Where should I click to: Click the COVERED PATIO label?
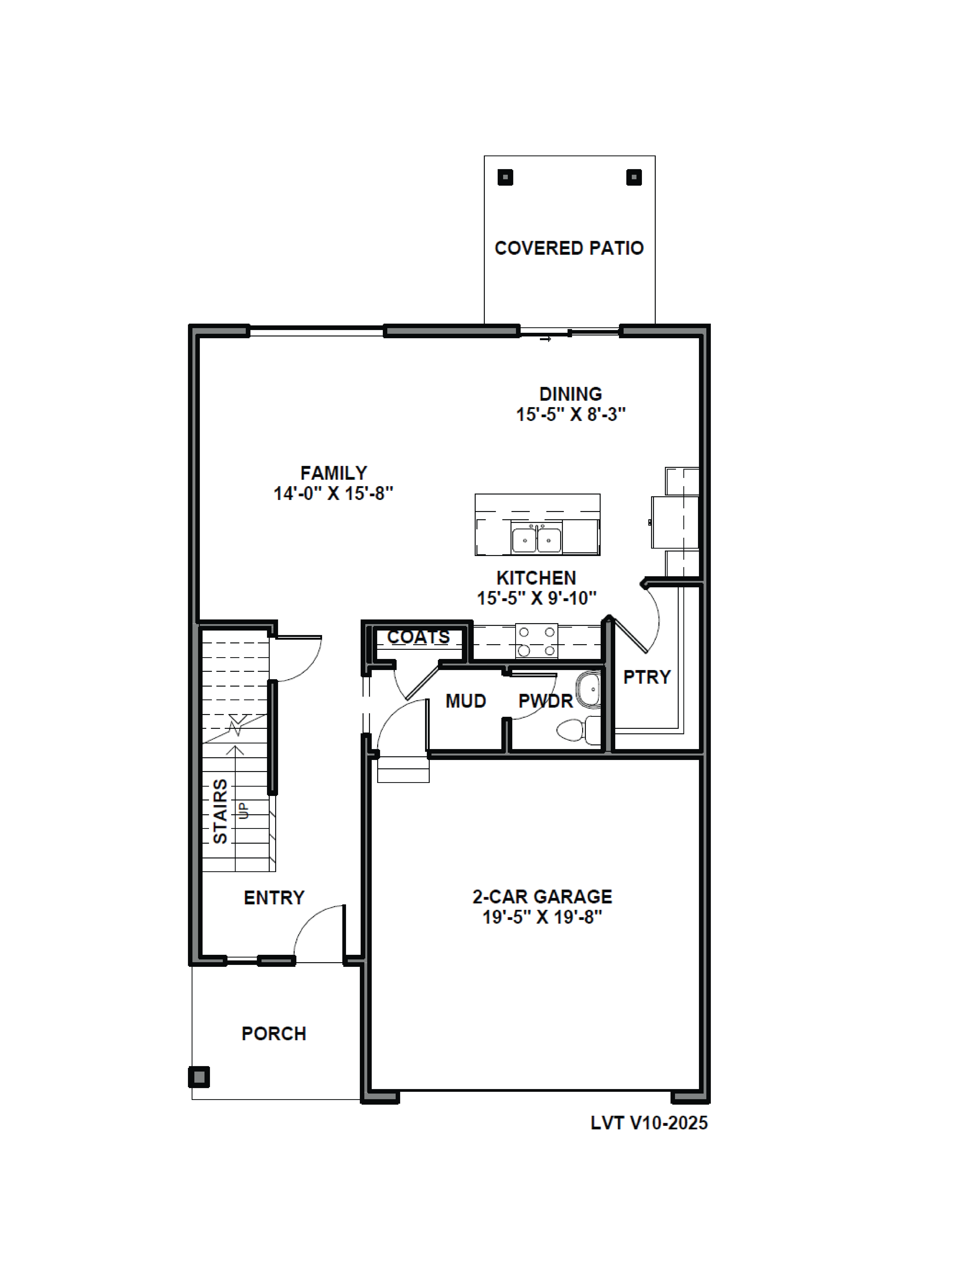pos(569,248)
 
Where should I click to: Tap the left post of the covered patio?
pos(505,177)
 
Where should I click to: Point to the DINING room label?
pos(570,394)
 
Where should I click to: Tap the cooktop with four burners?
pos(536,641)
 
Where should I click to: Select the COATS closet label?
pos(418,637)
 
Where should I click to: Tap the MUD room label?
pos(465,701)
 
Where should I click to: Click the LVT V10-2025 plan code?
pos(649,1123)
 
